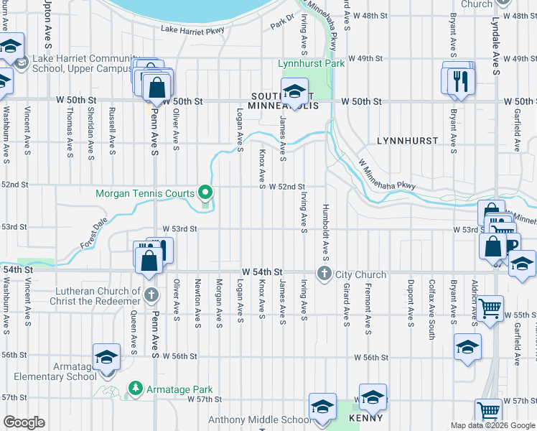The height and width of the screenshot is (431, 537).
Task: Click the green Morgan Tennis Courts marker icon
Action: (x=205, y=193)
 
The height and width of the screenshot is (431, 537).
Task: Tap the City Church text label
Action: (x=360, y=274)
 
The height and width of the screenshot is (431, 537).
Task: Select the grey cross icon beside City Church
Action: (x=324, y=273)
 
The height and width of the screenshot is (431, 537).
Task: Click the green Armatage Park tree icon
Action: (x=134, y=388)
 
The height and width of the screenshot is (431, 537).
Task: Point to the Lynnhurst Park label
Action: (x=311, y=63)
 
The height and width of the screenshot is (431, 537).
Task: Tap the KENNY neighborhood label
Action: (x=365, y=417)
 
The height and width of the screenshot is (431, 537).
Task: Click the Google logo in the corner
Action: (x=24, y=422)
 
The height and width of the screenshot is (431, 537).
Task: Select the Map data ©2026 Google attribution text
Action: (x=492, y=425)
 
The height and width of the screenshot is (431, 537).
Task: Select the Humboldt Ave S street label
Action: (x=325, y=234)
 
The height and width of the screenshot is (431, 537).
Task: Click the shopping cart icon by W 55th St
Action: (x=490, y=308)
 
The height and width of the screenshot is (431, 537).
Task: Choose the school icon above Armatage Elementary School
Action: (x=106, y=357)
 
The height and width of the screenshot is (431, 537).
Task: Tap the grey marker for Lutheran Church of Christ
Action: (x=151, y=295)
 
